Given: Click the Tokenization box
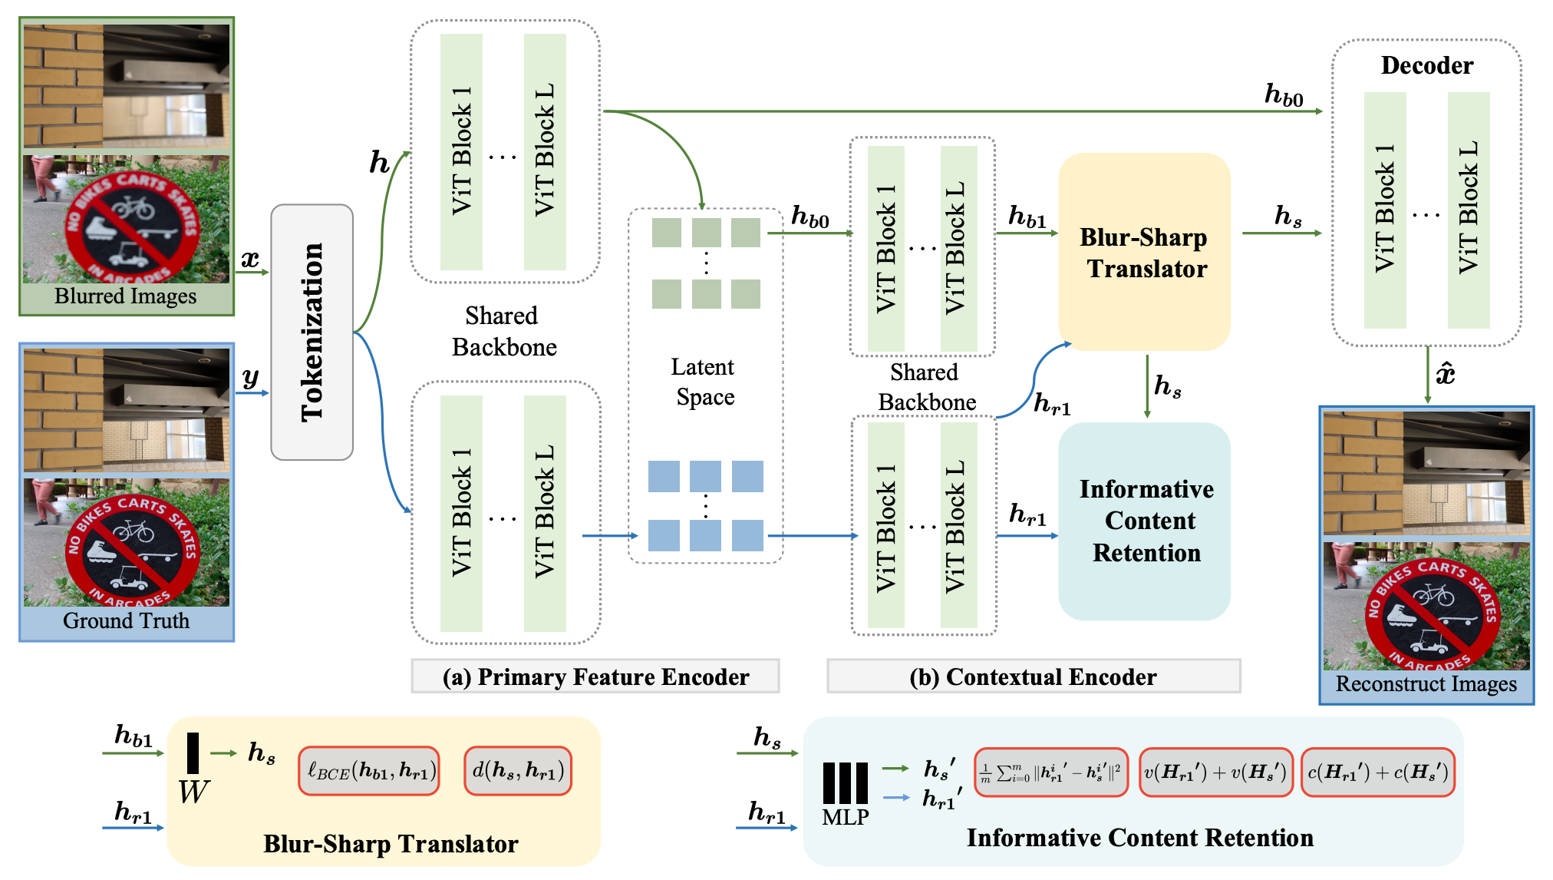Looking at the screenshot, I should (312, 332).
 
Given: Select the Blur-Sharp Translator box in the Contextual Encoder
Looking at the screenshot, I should (1143, 252).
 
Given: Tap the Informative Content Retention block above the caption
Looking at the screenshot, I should (1145, 521).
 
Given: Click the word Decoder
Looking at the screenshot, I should (1426, 65).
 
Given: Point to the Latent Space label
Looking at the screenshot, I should (704, 382).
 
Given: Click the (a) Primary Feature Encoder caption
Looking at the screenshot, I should (595, 677).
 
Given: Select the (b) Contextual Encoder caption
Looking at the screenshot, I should (1033, 677).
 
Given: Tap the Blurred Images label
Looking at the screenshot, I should (126, 296).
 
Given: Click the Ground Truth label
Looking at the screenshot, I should (126, 620).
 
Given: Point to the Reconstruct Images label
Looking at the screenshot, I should (1426, 683).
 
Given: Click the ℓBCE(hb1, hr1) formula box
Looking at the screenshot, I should (370, 771).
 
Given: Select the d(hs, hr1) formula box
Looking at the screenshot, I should (518, 771).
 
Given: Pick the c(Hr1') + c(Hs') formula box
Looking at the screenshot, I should (1377, 772).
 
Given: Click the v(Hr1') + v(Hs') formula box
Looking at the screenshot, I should (1215, 772).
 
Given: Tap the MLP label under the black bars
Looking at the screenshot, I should (845, 817).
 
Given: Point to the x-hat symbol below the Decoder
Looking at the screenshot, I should (1446, 374).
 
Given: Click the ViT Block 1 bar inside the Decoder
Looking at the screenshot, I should (1385, 209).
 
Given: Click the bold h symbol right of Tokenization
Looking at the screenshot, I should (379, 162).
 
